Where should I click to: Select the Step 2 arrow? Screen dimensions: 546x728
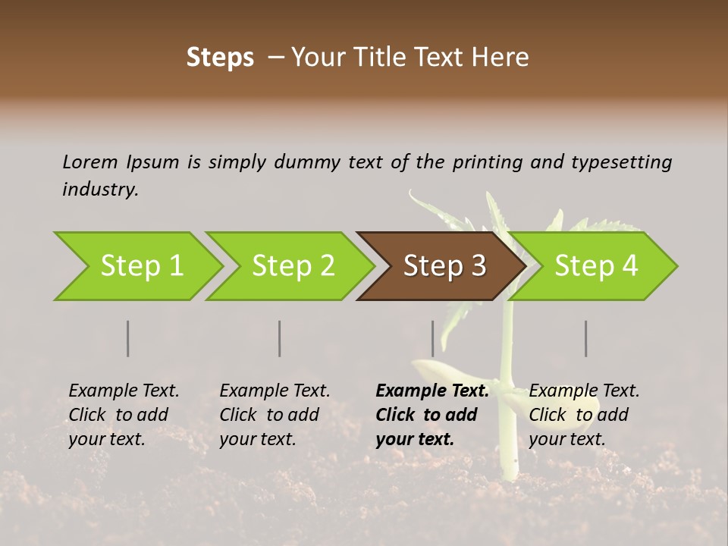tap(290, 266)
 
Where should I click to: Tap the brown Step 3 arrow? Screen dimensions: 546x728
tap(443, 266)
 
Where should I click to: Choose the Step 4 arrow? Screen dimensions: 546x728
tap(596, 266)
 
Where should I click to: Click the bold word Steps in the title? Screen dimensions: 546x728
tap(220, 57)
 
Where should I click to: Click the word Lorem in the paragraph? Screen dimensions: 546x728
tap(90, 162)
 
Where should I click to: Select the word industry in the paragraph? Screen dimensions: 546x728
tap(100, 190)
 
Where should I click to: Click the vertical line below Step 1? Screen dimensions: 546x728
tap(128, 338)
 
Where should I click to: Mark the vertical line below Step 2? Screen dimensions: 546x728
tap(280, 338)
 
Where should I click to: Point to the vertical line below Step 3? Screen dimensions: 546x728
tap(433, 338)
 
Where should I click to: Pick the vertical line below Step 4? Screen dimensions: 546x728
tap(586, 338)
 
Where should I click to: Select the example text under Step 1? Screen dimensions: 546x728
tap(124, 415)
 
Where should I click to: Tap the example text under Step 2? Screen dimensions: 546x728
tap(275, 415)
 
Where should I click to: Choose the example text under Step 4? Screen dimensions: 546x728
tap(584, 415)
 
